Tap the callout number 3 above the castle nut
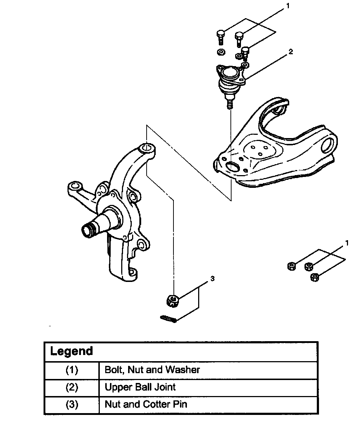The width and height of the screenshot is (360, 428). point(212,279)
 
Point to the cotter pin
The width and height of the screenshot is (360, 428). point(168,319)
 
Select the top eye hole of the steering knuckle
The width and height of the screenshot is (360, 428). point(147,148)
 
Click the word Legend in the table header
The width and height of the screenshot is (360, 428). point(71,351)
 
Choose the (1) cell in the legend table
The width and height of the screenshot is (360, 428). point(71,370)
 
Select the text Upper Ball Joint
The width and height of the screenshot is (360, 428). point(140,387)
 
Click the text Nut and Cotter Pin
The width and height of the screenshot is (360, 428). point(146,404)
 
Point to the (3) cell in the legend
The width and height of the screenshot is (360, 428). point(71,404)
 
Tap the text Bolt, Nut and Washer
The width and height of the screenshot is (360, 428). point(152,370)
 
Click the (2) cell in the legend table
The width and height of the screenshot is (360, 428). point(71,387)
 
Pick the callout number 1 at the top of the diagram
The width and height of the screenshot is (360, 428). point(288,7)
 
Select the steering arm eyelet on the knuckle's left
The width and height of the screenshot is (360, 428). point(75,187)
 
